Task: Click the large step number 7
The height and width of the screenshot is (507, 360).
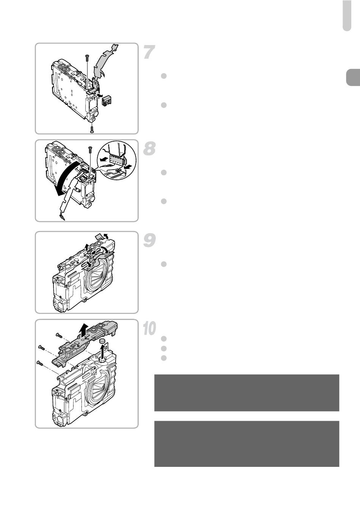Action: (150, 52)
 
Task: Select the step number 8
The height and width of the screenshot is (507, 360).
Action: (150, 148)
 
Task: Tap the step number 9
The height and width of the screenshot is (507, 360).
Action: (150, 240)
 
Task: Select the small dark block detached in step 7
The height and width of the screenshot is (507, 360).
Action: (106, 100)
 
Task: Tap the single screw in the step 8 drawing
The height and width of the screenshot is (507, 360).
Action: (90, 150)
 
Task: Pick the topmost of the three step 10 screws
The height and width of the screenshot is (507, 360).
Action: (59, 335)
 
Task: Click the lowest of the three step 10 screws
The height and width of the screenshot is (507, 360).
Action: (40, 363)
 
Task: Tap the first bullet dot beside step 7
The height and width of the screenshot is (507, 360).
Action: (164, 76)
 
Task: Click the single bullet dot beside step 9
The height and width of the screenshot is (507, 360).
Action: (164, 264)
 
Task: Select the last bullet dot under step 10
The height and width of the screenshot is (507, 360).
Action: (164, 358)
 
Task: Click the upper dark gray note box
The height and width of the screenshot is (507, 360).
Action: (247, 393)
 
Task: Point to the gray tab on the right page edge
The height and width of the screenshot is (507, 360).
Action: (353, 78)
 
